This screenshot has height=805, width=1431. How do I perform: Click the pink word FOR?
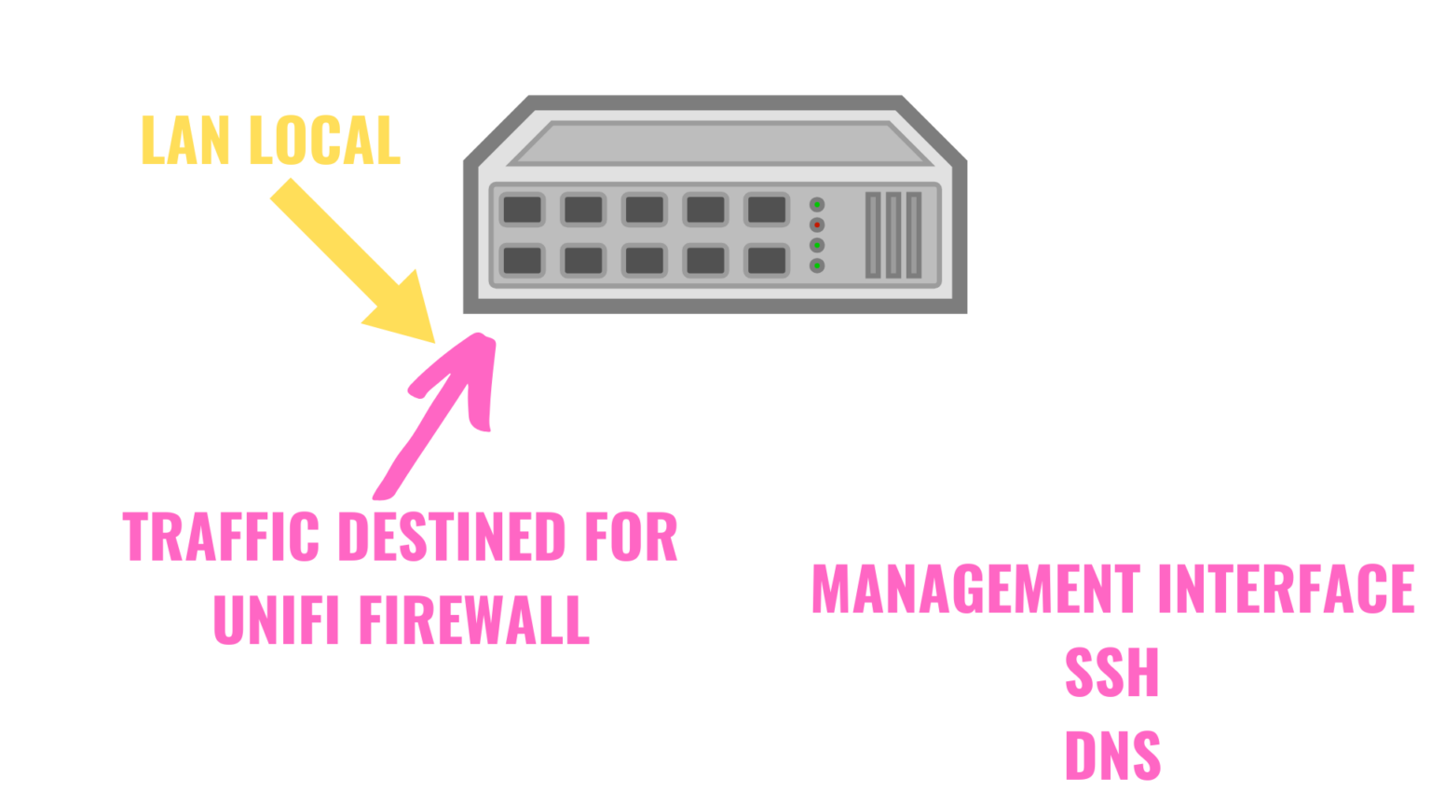pos(629,537)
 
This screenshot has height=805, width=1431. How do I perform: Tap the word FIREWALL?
pos(476,620)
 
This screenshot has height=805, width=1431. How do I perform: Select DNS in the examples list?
pos(1112,755)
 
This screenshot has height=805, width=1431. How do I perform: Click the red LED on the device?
pos(817,225)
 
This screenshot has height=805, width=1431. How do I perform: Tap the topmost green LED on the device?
pos(817,204)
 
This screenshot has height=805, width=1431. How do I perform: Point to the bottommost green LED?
pos(817,266)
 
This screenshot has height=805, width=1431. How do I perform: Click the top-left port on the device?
pos(522,210)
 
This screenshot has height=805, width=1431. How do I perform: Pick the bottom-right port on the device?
pos(767,260)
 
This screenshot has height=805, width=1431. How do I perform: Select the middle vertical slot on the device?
pos(893,235)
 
